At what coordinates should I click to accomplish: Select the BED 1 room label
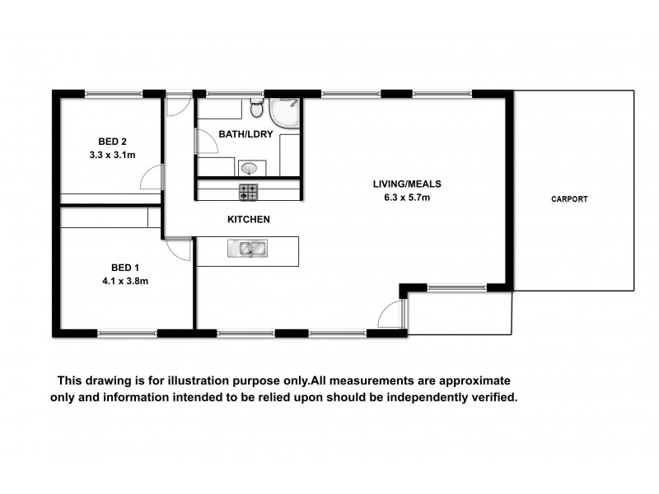(125, 267)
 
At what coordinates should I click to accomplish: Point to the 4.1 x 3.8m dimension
(125, 281)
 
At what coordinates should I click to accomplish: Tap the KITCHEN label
(248, 220)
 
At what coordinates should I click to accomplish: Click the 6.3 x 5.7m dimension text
(401, 198)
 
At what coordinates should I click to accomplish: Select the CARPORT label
(570, 199)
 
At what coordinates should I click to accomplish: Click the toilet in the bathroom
(256, 110)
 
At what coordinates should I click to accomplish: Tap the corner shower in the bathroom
(287, 113)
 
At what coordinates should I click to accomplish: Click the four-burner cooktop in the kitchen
(248, 193)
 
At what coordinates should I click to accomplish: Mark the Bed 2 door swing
(151, 177)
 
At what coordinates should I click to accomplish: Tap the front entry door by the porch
(393, 314)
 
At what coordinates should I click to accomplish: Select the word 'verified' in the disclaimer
(490, 397)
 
